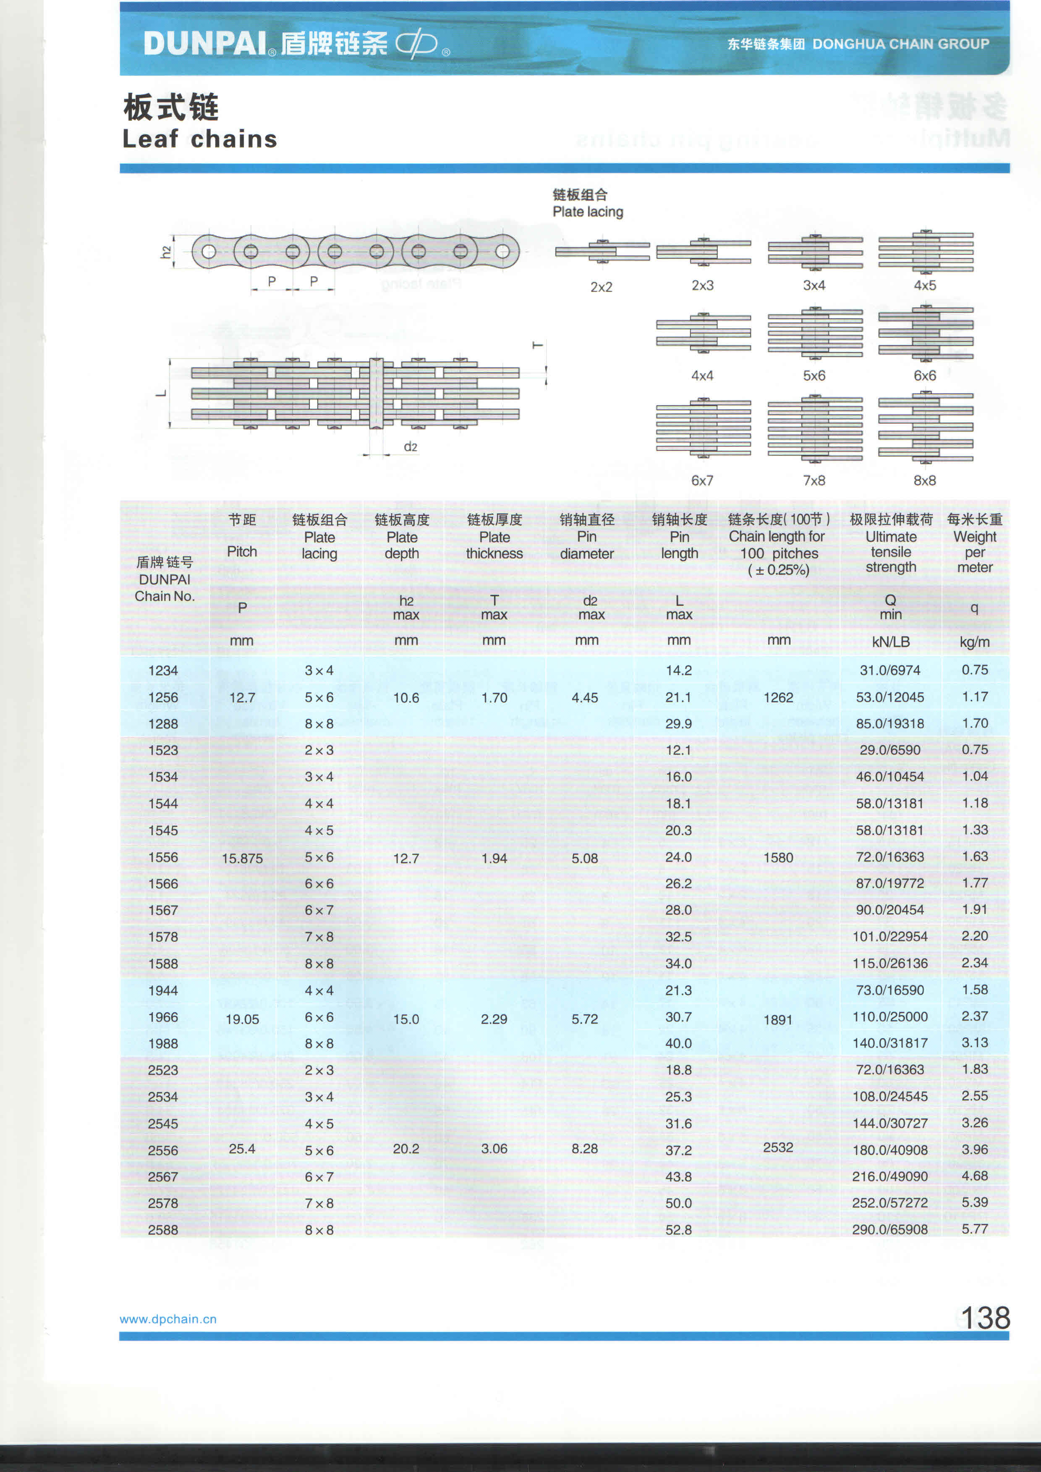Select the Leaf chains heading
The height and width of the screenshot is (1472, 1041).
point(199,139)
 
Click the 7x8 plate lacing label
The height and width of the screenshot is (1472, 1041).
point(813,480)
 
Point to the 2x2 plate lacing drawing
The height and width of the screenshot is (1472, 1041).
point(602,252)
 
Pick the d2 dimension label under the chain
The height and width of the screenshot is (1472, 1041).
point(410,447)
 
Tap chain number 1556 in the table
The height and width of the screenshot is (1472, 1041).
point(163,857)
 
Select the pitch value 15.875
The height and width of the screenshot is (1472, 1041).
point(242,859)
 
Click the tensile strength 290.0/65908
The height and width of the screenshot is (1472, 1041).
point(890,1229)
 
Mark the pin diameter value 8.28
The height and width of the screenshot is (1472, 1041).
point(585,1148)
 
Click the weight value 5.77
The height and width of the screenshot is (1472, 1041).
point(974,1228)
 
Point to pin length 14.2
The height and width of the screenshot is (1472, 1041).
point(678,671)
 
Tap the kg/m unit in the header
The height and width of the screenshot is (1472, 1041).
point(974,642)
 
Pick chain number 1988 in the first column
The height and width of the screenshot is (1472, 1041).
point(163,1044)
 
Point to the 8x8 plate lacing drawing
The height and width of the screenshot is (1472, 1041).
point(925,428)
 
